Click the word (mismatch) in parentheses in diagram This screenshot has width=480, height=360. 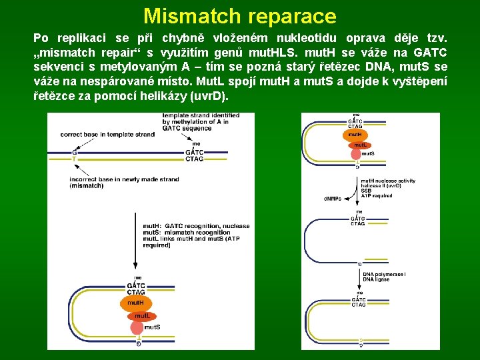(x=86, y=186)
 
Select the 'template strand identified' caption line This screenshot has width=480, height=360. (x=200, y=116)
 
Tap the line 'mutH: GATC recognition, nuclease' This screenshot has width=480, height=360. (x=196, y=226)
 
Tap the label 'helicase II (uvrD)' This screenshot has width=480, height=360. (x=381, y=185)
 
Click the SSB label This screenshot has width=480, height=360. (x=366, y=191)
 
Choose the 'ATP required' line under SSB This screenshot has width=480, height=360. (x=377, y=196)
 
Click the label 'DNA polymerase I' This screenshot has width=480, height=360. (x=384, y=275)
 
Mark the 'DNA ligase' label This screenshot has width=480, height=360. (x=376, y=280)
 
